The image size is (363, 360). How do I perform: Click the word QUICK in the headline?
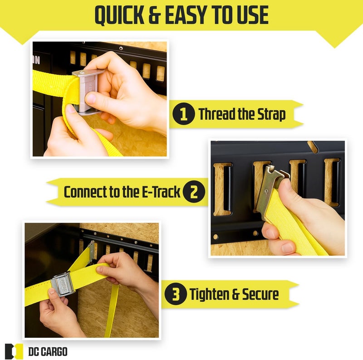coord(119,15)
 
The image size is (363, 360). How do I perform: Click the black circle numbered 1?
coord(184,114)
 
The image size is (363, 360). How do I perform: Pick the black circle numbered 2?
coord(194,192)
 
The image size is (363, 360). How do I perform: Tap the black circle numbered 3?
coord(176,294)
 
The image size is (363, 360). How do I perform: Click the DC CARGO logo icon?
coord(14,351)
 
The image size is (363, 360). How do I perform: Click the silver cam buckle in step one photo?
coord(88,92)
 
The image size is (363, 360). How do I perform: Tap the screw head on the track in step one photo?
coord(121,49)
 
